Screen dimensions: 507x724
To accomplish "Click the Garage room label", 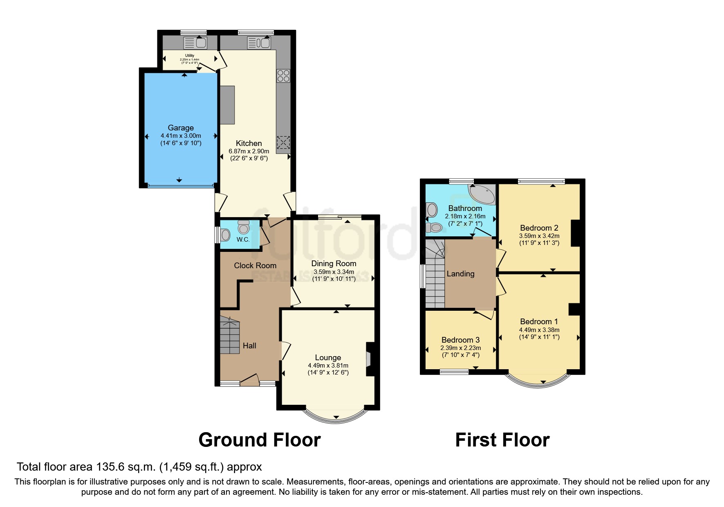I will coord(181,128).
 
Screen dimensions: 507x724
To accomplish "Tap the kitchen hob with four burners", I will coord(283,76).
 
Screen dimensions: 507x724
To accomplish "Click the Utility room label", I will coord(190,56).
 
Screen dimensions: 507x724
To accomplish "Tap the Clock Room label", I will coord(255,265).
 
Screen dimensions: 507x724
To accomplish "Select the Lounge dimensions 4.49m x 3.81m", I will coord(328,366).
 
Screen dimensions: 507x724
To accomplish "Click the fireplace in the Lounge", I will coord(370,359).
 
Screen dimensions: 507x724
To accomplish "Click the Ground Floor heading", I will coord(259,440).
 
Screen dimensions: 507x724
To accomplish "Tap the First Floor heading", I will coord(502,440).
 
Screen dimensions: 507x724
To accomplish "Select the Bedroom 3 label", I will coord(460,340).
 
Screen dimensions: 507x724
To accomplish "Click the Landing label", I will coord(460,274).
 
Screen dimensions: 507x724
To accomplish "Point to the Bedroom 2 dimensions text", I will coord(539,239).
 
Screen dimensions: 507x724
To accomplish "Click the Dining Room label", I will coord(334,263).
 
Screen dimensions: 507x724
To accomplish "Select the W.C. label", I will coord(243,240).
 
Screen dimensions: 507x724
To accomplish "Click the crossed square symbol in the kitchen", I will coord(283,142).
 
